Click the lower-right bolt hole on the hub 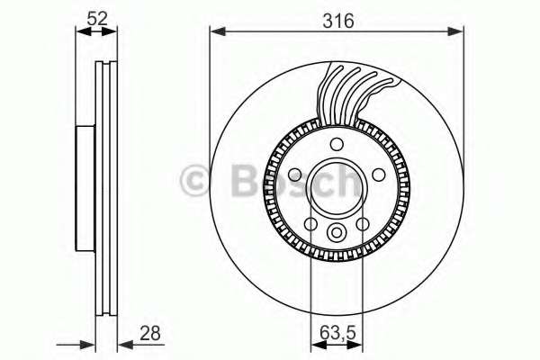pos(362,224)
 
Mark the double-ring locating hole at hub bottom pos(337,233)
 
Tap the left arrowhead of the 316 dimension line pos(216,32)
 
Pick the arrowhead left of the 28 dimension pos(90,343)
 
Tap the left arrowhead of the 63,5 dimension pos(316,343)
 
